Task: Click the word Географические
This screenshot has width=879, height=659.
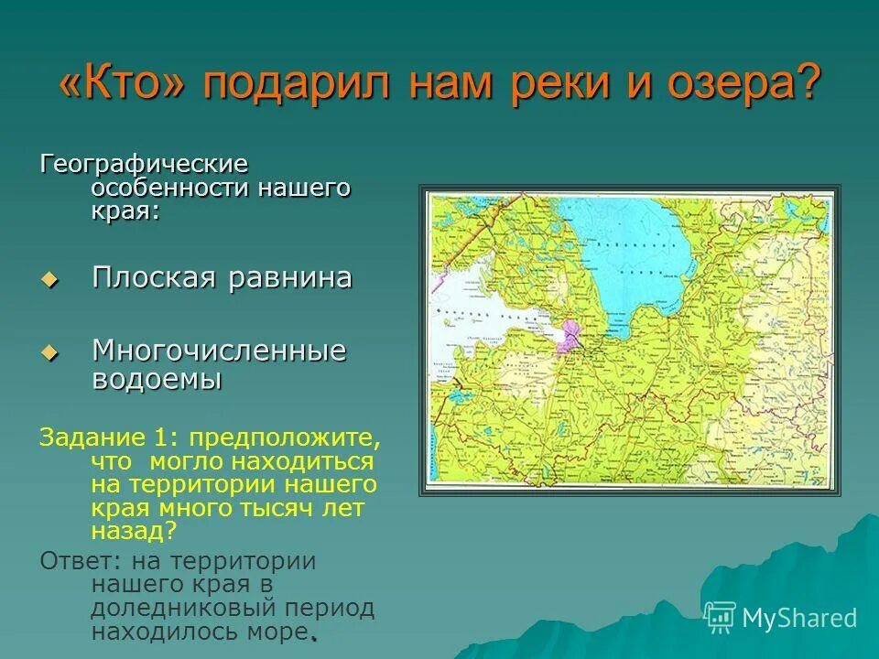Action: pyautogui.click(x=144, y=166)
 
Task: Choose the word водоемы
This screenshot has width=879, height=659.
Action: pyautogui.click(x=157, y=379)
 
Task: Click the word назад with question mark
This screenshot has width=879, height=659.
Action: pyautogui.click(x=133, y=530)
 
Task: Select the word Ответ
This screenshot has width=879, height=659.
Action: pyautogui.click(x=80, y=560)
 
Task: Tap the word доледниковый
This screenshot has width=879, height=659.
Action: pyautogui.click(x=190, y=608)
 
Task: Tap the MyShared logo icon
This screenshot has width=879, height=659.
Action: pyautogui.click(x=721, y=617)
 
